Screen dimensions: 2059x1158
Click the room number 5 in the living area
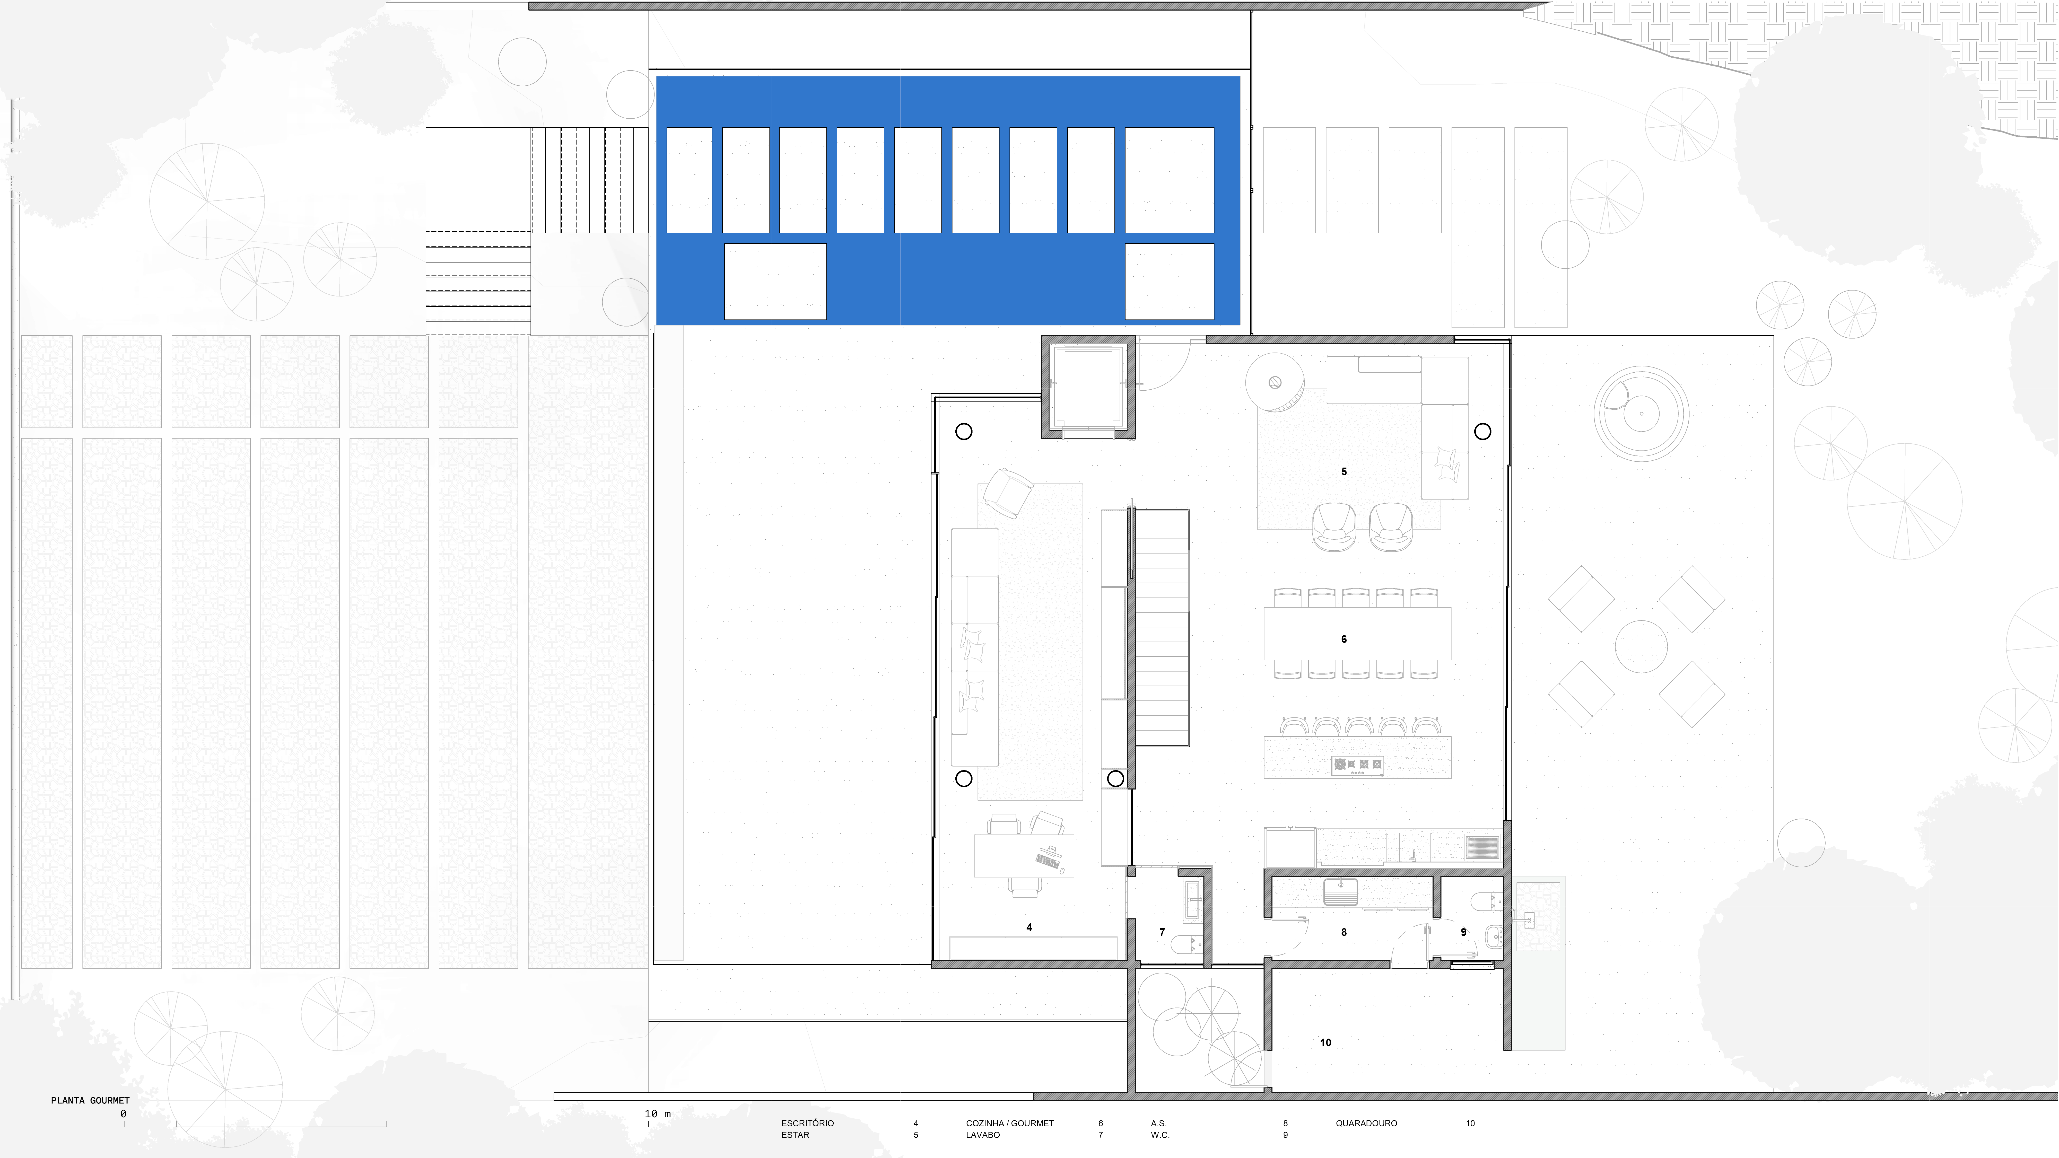pos(1343,471)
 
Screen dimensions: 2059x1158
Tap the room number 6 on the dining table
pos(1343,639)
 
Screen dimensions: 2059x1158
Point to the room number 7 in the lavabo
pos(1162,932)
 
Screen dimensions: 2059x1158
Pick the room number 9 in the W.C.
pos(1463,932)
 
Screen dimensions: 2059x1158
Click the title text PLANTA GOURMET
pos(90,1100)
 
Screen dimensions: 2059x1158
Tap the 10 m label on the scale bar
pos(658,1113)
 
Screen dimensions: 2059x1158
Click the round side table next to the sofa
pos(1275,383)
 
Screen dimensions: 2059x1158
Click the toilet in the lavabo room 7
pos(1187,945)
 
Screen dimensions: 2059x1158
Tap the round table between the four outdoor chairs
pos(1641,646)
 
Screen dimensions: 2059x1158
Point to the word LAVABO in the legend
pos(982,1135)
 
